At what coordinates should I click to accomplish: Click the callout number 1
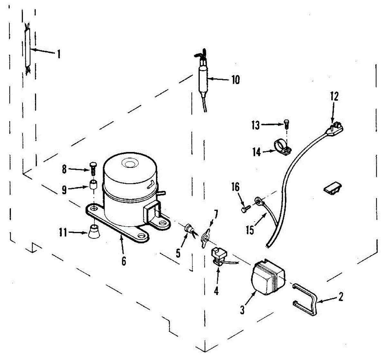point(59,54)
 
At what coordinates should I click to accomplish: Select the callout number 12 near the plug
point(334,96)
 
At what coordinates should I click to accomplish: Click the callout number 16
point(236,187)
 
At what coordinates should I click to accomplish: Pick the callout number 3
point(242,309)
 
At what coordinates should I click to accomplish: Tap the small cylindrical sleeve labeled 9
point(93,186)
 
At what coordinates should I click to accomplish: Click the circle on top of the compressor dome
point(130,164)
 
